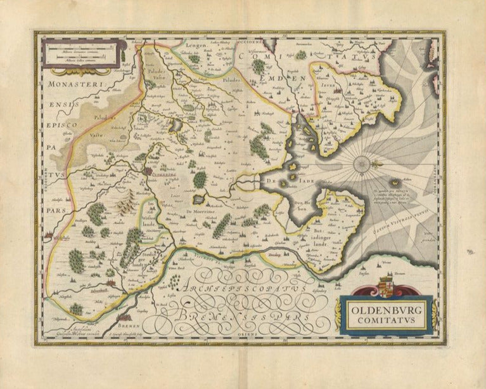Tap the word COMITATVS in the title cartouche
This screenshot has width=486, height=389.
[x=386, y=320]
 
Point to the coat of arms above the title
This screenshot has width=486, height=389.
[x=386, y=287]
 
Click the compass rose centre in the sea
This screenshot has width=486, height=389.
[x=362, y=165]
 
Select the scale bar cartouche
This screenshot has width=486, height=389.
[x=80, y=53]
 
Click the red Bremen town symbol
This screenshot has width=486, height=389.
[x=124, y=315]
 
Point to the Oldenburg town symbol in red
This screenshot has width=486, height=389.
[x=148, y=171]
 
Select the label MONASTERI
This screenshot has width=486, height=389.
[x=69, y=83]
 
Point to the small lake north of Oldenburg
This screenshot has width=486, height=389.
[x=176, y=126]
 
